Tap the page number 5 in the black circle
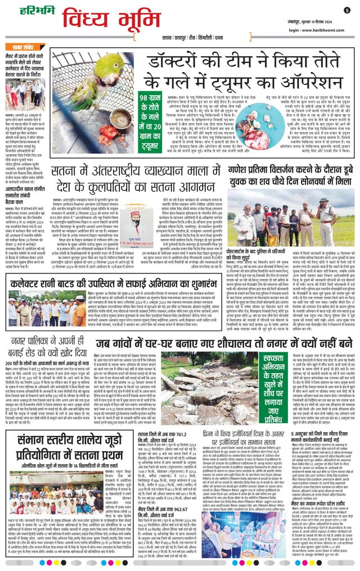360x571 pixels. pos(347,10)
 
